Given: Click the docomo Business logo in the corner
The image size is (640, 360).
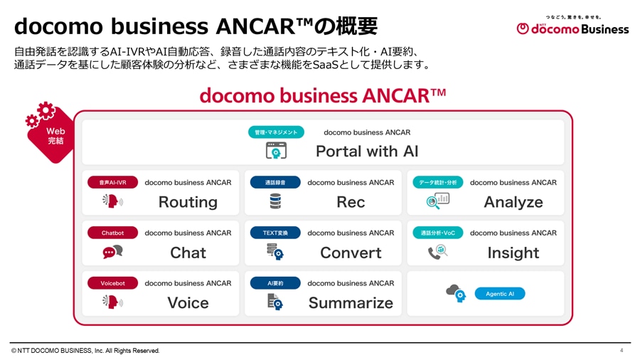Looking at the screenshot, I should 572,27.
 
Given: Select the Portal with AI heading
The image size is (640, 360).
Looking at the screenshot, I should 367,151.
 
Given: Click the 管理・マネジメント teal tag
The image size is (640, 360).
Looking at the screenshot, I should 276,132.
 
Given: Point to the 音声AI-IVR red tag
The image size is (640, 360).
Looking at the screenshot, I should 112,183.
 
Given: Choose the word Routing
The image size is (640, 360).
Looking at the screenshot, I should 188,202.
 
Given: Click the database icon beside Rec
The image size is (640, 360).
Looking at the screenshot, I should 275,201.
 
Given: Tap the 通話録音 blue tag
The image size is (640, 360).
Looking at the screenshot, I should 275,183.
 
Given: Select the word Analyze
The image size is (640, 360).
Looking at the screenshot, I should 513,202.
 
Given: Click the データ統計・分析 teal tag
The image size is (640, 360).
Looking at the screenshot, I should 438,183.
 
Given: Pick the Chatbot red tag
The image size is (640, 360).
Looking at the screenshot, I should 112,233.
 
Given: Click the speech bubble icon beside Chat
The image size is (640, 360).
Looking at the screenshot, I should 112,252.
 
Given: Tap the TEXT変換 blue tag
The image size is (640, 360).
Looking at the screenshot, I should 275,233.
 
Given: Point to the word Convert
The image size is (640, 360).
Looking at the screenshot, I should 351,253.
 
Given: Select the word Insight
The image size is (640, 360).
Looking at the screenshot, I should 513,253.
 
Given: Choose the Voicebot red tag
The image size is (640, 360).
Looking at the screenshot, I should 112,283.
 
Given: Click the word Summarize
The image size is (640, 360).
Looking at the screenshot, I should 351,303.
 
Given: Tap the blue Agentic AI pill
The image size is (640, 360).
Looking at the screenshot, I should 500,294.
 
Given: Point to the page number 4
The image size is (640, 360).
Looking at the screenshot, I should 622,351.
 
